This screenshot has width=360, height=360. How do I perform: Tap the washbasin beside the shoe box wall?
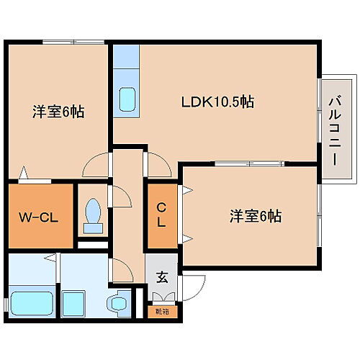117,303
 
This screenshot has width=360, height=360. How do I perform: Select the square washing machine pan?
75,303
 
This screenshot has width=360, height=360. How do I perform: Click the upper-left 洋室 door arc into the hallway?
94,166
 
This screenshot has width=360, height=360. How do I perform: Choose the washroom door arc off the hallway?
121,269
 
